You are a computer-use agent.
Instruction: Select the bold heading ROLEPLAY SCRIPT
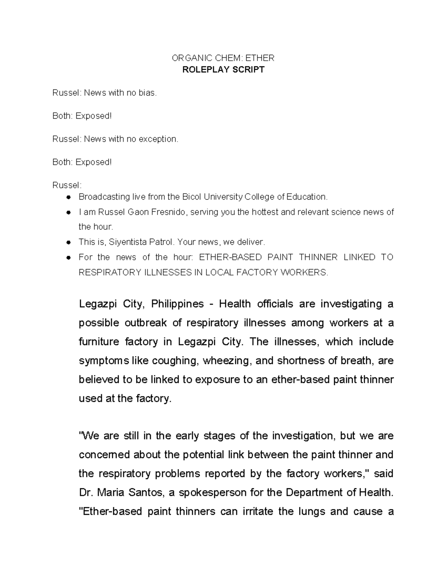[x=223, y=70]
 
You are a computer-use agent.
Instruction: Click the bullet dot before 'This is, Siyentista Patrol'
[x=69, y=242]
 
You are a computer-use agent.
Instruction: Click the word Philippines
[x=177, y=304]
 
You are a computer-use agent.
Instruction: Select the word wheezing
[x=226, y=361]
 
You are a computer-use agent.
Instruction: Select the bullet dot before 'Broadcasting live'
[x=69, y=197]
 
